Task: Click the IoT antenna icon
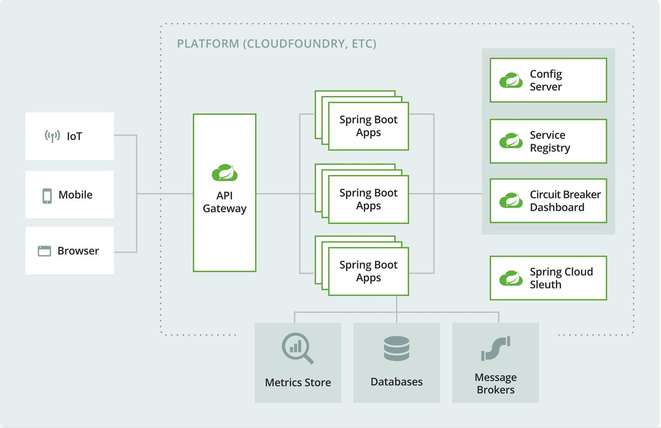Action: [52, 136]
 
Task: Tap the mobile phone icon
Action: [47, 195]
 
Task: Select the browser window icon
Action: [44, 251]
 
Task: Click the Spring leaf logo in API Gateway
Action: [224, 172]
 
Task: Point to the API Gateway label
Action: [224, 202]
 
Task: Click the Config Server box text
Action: [546, 80]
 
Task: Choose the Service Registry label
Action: [550, 141]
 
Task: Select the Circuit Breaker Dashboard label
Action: [565, 201]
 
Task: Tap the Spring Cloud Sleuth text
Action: [561, 278]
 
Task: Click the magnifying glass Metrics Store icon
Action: [297, 348]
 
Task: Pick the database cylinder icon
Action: [397, 349]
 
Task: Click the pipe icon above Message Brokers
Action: [496, 349]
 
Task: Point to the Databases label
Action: [397, 382]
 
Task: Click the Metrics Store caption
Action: [298, 382]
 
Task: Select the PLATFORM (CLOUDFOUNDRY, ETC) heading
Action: [277, 44]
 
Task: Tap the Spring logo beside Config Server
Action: [511, 80]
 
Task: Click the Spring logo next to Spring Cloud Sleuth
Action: [511, 278]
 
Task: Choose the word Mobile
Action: [75, 195]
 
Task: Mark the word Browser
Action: [78, 251]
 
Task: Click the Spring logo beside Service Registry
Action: [511, 141]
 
